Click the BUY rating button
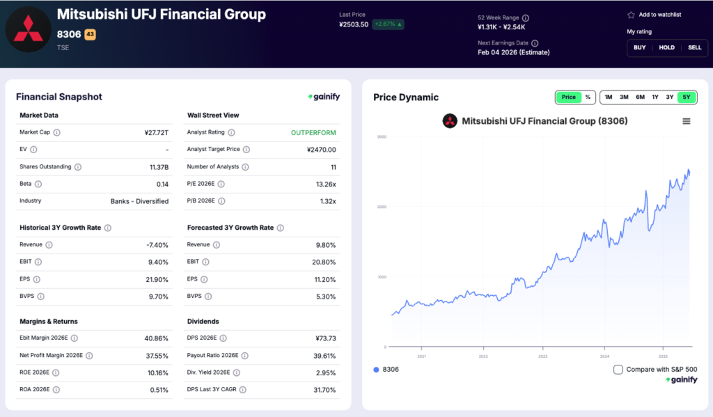tap(639, 47)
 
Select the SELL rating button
tap(694, 47)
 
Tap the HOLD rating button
tap(666, 47)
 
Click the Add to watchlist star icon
tap(631, 15)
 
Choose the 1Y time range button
tap(655, 97)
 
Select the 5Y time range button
tap(687, 97)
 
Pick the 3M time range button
tap(624, 97)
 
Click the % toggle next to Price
tap(587, 97)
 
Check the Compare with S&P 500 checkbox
tap(618, 370)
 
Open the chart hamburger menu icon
tap(686, 121)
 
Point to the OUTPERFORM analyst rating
tap(313, 132)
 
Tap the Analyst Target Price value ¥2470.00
tap(321, 150)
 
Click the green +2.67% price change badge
tap(388, 24)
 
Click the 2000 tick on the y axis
tap(381, 207)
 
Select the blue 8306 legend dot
tap(377, 370)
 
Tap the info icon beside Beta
tap(38, 184)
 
